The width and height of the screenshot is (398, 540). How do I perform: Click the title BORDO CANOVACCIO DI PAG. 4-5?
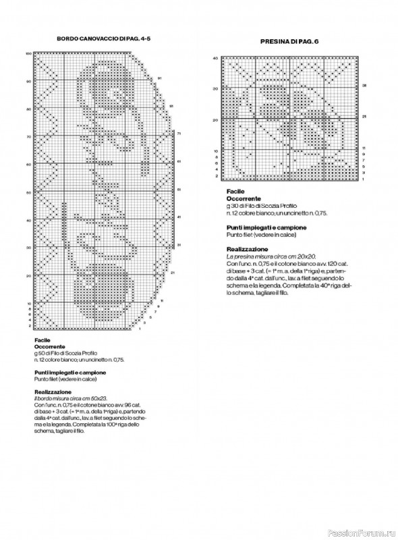pos(103,39)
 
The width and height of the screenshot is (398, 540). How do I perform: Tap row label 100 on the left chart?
pos(28,53)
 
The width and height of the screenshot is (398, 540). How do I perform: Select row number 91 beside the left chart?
pos(159,78)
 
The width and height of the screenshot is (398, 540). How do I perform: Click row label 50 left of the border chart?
pos(28,192)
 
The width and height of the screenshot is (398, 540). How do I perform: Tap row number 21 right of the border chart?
pos(173,273)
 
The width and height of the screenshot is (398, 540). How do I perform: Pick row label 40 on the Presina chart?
pos(215,58)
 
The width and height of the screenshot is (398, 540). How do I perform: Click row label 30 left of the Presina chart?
pos(215,88)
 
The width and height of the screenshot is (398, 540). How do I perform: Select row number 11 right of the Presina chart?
pos(364,146)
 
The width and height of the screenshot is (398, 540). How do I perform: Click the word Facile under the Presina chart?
pos(235,192)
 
